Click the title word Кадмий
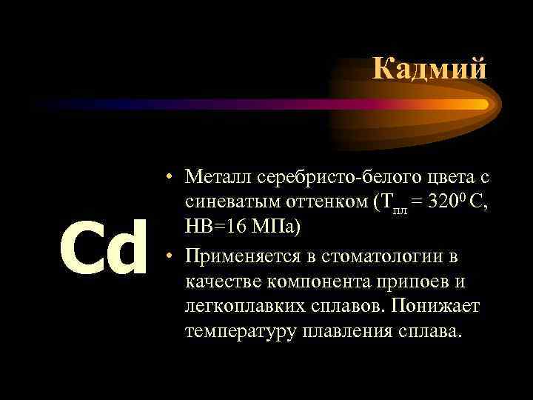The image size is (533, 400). click(x=429, y=69)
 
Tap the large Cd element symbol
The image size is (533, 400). click(x=103, y=247)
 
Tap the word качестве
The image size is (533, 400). click(x=223, y=281)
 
